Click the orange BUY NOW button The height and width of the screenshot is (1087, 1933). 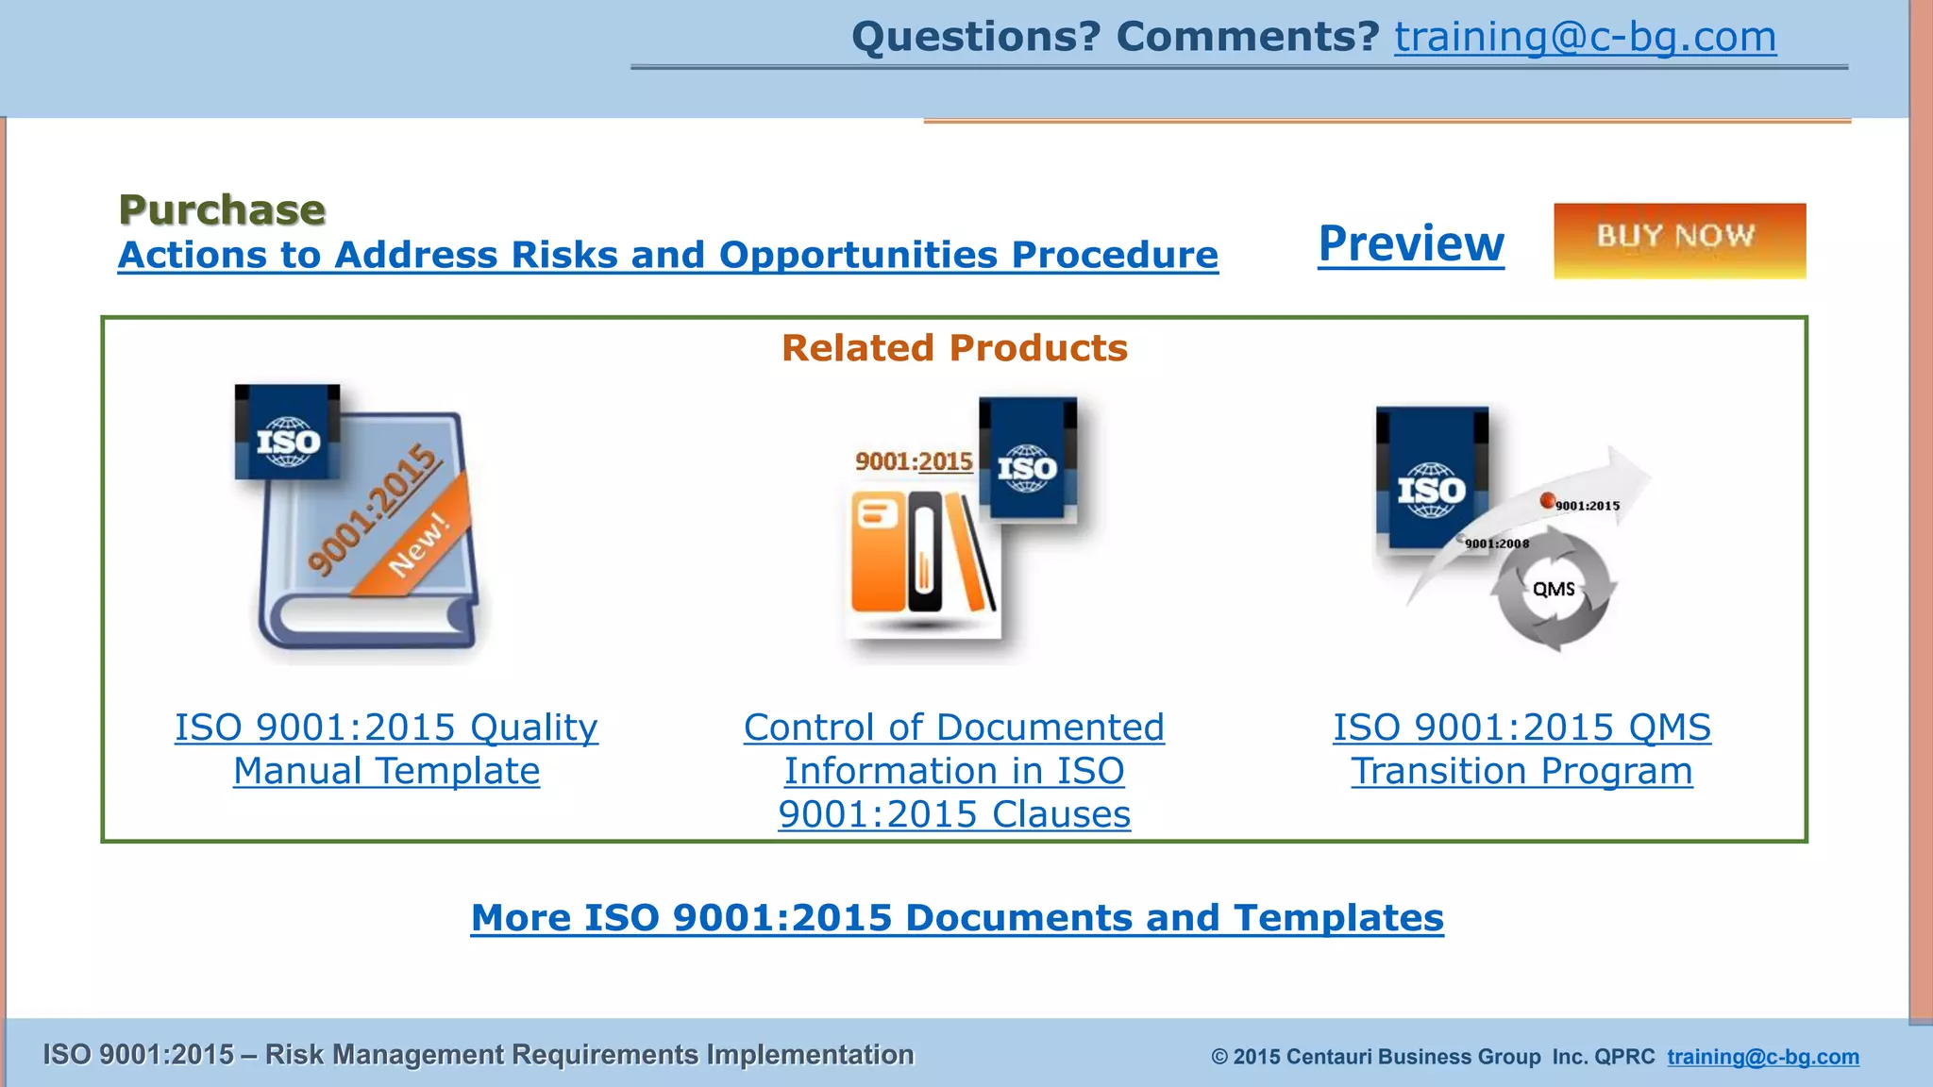click(x=1679, y=240)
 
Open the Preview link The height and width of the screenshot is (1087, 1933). click(x=1410, y=243)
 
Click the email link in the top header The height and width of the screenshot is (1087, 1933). click(x=1585, y=38)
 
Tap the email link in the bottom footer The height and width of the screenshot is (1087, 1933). click(x=1762, y=1056)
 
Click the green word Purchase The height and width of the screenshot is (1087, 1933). click(x=222, y=209)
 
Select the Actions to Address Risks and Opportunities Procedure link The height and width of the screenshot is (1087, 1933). click(x=667, y=255)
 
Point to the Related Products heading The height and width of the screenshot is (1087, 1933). click(x=953, y=348)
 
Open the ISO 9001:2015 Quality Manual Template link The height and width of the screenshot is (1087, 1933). click(x=386, y=749)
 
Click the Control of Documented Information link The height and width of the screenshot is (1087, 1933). click(x=953, y=770)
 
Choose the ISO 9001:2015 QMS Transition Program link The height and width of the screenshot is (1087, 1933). click(x=1521, y=749)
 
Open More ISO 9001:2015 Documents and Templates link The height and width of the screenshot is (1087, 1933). click(x=956, y=917)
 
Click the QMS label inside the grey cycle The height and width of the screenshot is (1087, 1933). click(x=1553, y=590)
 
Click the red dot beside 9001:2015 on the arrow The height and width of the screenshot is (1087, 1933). click(x=1547, y=500)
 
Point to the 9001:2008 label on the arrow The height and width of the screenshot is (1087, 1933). click(x=1496, y=543)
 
